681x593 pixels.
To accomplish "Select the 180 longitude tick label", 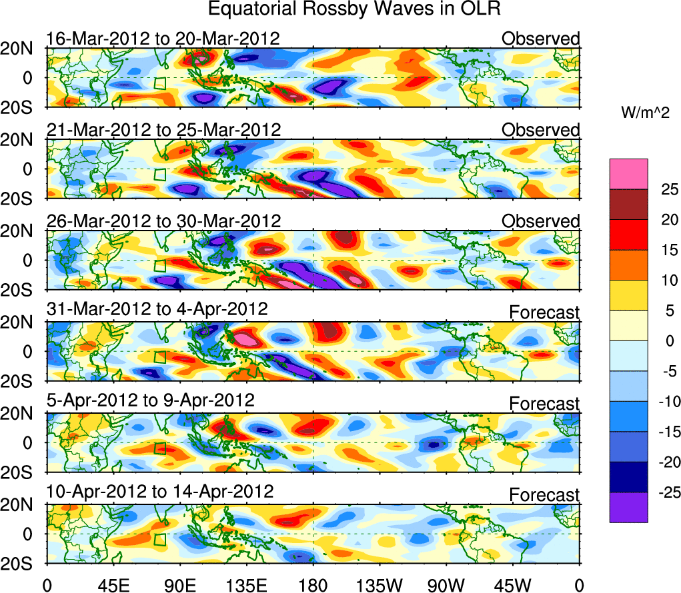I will tap(313, 586).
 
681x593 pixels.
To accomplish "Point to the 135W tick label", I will tap(380, 586).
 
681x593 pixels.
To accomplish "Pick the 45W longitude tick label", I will tap(513, 586).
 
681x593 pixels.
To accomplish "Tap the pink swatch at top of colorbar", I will tap(628, 174).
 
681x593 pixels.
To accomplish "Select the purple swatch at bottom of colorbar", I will tap(628, 507).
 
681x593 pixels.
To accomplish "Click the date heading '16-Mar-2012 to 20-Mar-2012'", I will tap(163, 39).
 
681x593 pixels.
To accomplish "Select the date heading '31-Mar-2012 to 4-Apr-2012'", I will tap(157, 310).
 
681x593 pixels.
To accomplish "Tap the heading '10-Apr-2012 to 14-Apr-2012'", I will tap(160, 492).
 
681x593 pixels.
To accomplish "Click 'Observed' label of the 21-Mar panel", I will tap(541, 130).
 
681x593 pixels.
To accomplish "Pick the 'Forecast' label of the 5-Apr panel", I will tap(545, 404).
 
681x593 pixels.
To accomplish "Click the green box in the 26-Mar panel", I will tap(159, 265).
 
